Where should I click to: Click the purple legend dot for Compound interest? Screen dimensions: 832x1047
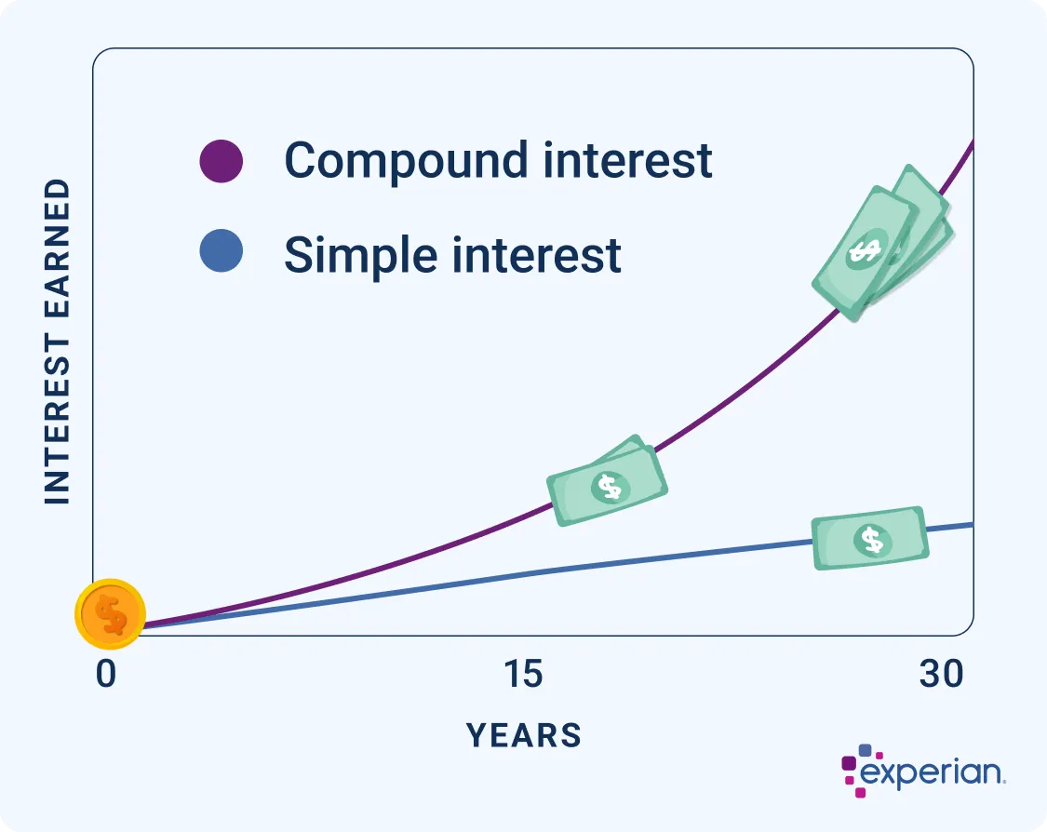(x=221, y=161)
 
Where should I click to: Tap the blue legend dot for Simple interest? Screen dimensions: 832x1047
(x=221, y=253)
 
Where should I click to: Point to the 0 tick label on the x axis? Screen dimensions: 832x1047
(x=106, y=675)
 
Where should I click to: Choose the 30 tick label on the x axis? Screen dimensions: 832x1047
(x=941, y=675)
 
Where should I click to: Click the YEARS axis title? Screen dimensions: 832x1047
(x=524, y=735)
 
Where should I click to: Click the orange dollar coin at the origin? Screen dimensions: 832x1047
(x=111, y=614)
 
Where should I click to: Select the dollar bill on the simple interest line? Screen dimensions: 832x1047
(x=870, y=538)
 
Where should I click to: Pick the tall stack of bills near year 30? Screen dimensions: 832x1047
(x=879, y=243)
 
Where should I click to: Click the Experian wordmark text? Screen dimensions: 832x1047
(x=932, y=773)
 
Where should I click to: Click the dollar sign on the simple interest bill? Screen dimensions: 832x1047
(x=872, y=539)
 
